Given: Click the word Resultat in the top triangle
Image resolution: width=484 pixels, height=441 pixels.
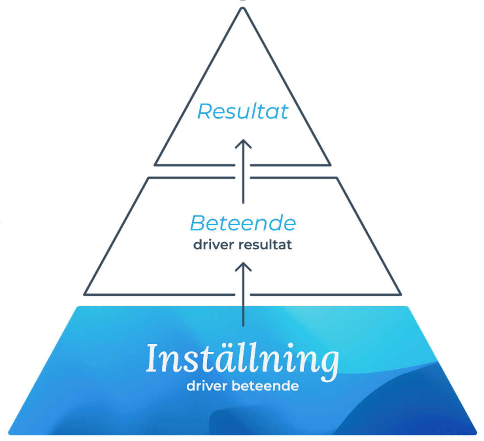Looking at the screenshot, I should point(243,111).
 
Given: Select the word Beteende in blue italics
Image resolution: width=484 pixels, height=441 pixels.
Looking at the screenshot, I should point(243,223).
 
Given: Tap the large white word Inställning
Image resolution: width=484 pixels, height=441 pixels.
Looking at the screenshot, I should point(242,359).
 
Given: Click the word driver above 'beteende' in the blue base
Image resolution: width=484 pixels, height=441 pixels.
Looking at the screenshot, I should point(207,386).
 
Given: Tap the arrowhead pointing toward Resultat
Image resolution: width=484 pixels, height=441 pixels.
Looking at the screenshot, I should point(243,143).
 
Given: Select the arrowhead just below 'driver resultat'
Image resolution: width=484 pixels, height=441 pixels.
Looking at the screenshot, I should point(243,266).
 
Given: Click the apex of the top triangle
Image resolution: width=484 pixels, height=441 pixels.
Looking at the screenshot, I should point(243,9).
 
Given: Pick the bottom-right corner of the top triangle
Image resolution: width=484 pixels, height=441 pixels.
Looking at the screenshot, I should point(330,164).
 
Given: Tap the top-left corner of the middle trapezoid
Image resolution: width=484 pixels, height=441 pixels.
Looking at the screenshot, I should point(149,178).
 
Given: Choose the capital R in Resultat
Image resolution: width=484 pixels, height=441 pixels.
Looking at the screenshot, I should point(205,111).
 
